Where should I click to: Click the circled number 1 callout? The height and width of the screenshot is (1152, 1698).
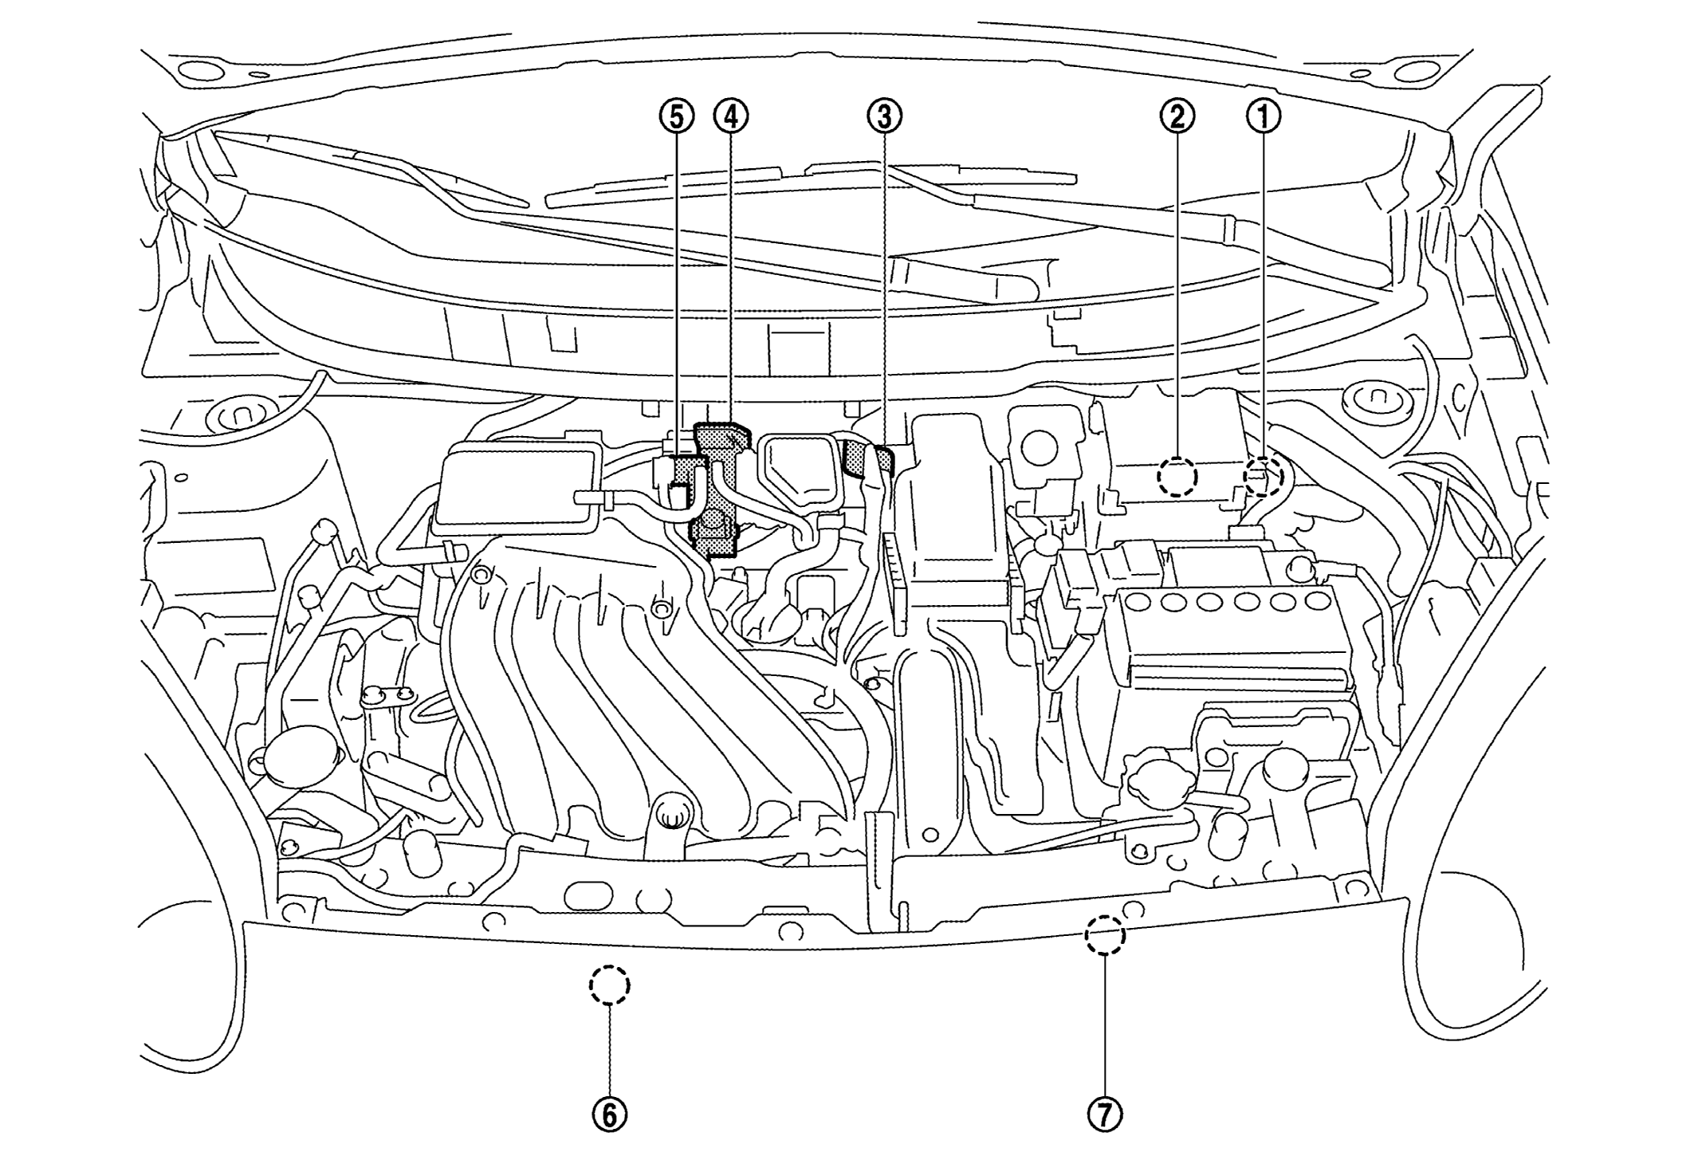pos(1264,117)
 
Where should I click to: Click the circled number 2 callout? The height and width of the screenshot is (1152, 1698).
pos(1177,117)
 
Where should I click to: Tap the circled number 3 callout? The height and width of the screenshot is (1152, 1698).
pos(884,117)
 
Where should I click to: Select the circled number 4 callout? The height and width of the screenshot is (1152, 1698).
pos(731,117)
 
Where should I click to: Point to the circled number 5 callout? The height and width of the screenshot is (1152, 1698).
pos(676,117)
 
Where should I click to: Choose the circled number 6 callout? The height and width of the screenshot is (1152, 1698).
pos(609,1115)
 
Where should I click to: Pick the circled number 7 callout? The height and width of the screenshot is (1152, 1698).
pos(1105,1115)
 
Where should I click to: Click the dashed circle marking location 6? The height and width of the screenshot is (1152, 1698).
pos(609,985)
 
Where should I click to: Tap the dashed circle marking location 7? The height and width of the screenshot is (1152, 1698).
pos(1105,934)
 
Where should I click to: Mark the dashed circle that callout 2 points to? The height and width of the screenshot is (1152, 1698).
pos(1177,476)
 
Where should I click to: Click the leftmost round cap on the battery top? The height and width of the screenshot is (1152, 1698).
pos(1138,602)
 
